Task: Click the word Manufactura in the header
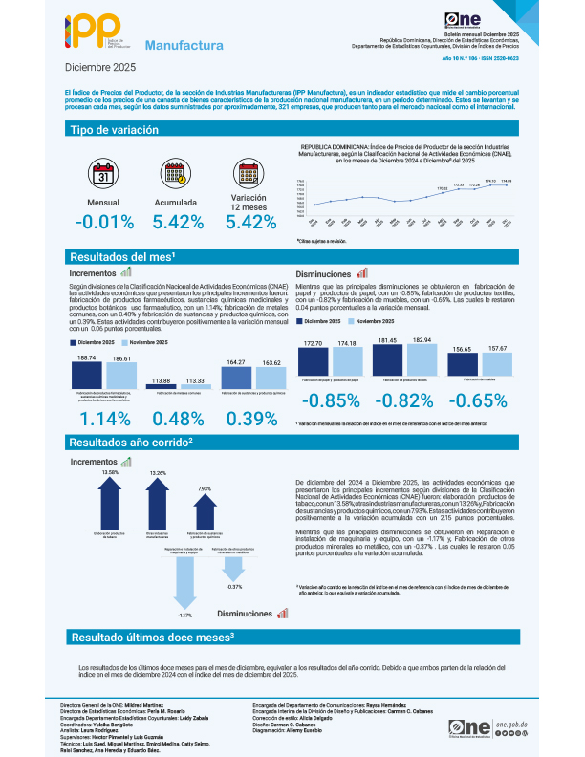(184, 45)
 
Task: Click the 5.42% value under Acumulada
(176, 223)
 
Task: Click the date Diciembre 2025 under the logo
(100, 69)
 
